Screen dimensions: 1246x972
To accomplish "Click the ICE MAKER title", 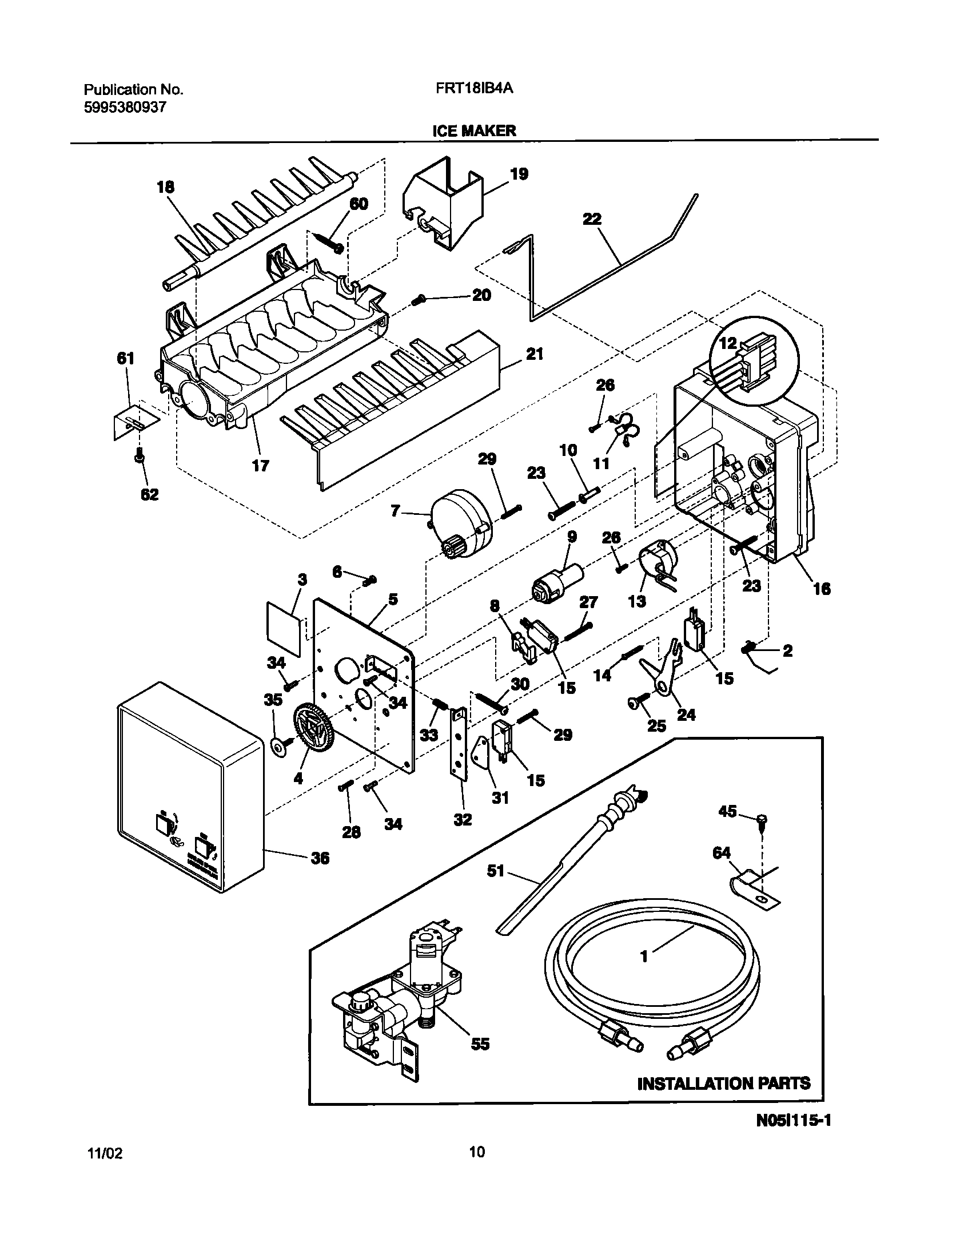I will tap(474, 130).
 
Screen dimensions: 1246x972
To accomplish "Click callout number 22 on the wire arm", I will tap(592, 219).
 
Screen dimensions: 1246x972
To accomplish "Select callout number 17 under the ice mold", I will tap(261, 466).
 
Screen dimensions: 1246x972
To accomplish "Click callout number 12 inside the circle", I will tap(728, 343).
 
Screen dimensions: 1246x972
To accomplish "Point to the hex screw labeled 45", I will tap(762, 822).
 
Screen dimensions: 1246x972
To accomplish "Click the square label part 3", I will tap(284, 627).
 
